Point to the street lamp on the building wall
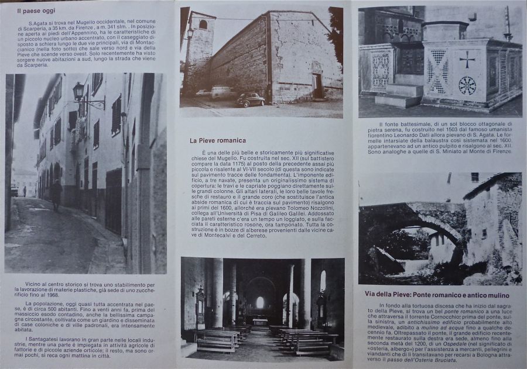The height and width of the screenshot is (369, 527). [78, 91]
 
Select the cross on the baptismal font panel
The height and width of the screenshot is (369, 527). [467, 59]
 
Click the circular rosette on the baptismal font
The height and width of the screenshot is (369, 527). [467, 85]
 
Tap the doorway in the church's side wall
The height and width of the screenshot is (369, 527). [317, 85]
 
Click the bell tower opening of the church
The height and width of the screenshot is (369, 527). [203, 25]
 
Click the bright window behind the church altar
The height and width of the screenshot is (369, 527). [260, 302]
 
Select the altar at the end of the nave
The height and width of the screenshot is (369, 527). [260, 322]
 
